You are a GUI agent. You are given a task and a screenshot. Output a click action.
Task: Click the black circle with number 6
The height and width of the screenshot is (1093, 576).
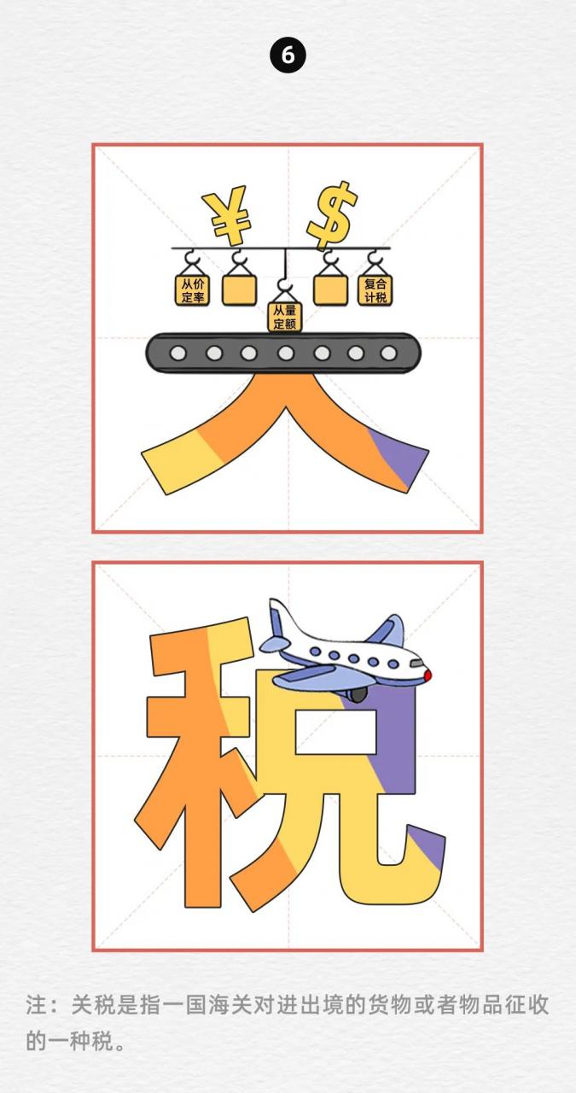point(288,56)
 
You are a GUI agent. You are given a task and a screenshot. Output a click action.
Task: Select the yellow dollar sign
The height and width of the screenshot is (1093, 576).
point(332,215)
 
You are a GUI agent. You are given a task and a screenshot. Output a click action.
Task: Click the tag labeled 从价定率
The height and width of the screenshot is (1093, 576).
point(193,290)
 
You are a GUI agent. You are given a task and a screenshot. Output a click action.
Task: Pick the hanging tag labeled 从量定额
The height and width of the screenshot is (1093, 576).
point(285,317)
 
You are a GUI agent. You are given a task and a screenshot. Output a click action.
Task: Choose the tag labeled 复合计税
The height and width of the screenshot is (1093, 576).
point(375,290)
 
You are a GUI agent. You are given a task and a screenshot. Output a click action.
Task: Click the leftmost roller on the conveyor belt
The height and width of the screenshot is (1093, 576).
point(178,353)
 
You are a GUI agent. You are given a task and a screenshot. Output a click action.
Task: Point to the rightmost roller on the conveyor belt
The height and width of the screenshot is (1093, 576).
point(389,353)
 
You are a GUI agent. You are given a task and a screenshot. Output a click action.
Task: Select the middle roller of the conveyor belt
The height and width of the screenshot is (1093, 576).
point(286,353)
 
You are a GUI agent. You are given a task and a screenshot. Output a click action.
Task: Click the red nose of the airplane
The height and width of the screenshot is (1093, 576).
point(428,675)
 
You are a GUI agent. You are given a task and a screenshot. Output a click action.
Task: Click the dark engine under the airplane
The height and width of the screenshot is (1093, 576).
point(358,694)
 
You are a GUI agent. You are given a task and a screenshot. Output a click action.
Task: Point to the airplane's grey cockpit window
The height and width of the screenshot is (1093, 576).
point(416,663)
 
